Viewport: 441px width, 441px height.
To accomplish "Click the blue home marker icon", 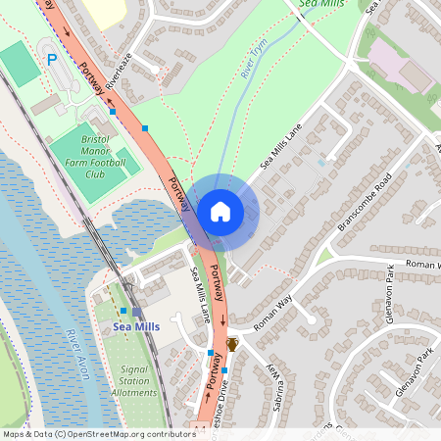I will point(220,212).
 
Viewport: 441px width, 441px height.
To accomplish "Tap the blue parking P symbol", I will point(52,60).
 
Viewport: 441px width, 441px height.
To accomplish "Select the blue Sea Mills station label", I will point(135,326).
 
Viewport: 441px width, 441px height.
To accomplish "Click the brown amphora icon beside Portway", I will point(232,344).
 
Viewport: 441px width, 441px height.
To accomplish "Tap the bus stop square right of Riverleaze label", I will point(145,127).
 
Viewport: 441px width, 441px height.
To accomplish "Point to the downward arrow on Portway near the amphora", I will point(222,320).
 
